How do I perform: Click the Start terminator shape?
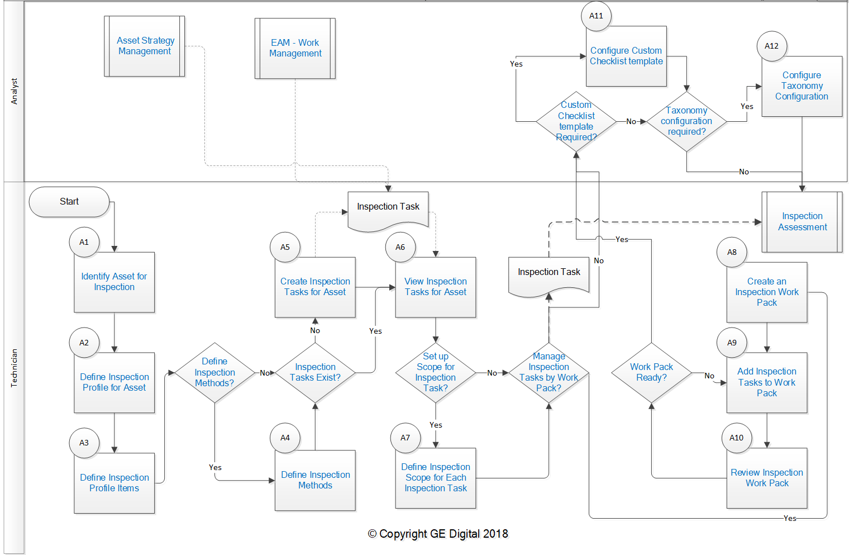(x=69, y=202)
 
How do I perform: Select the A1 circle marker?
(x=84, y=242)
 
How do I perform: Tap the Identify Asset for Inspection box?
(x=114, y=282)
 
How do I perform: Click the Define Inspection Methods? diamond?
(x=214, y=373)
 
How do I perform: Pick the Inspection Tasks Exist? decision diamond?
(x=315, y=373)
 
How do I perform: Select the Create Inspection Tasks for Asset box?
(x=315, y=287)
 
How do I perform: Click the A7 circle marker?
(x=406, y=438)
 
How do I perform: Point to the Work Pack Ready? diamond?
(x=651, y=373)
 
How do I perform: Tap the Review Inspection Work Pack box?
(x=766, y=478)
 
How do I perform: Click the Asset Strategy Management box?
(x=145, y=46)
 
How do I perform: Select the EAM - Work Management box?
(x=295, y=48)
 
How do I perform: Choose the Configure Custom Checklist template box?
(x=626, y=56)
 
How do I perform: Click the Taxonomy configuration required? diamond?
(x=686, y=121)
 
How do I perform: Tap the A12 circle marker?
(x=771, y=46)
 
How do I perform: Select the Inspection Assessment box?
(x=802, y=222)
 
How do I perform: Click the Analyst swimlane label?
(x=14, y=91)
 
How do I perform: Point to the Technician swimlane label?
(x=14, y=368)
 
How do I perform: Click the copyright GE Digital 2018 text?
(x=438, y=534)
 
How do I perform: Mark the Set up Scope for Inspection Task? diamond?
(x=436, y=373)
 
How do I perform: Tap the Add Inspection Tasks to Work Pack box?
(x=766, y=382)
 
